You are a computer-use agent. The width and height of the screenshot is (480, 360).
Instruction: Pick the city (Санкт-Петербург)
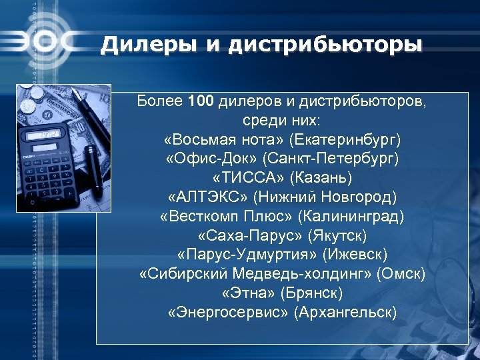331,159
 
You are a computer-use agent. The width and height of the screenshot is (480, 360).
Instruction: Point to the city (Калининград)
351,217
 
